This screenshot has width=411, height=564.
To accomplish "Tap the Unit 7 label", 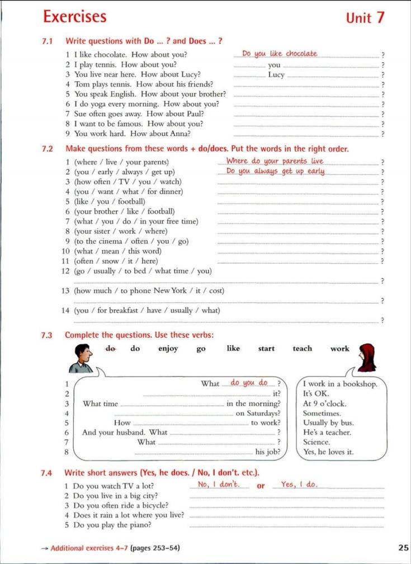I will (x=365, y=17).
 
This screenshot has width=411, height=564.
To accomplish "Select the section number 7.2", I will (x=47, y=149).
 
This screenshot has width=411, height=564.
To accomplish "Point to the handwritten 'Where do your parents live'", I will (x=275, y=161).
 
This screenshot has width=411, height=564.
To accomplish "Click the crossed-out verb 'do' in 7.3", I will (x=111, y=348).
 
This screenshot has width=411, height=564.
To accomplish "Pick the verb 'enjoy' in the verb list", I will (x=168, y=349).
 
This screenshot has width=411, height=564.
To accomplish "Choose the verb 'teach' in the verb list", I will (x=302, y=349).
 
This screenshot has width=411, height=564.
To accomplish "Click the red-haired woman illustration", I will (x=367, y=358).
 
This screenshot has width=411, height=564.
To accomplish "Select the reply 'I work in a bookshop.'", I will (x=340, y=384).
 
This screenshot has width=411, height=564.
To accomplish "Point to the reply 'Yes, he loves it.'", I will (x=328, y=452).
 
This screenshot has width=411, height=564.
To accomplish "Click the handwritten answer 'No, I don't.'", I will (x=218, y=485).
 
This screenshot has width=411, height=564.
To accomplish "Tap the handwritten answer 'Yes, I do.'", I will (x=299, y=485).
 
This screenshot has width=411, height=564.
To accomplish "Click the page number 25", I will (x=403, y=547).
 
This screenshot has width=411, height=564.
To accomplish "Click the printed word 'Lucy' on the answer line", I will (x=276, y=74).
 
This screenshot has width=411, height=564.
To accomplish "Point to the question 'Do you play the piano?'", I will (x=112, y=525).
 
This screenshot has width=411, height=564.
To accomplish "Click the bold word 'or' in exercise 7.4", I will (x=261, y=486).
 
